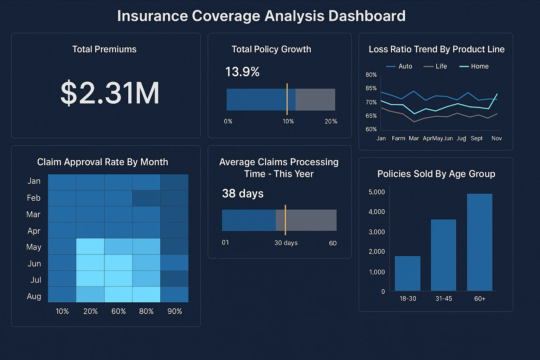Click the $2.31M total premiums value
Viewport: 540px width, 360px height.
point(110,93)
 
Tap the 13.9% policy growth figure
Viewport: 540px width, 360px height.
point(242,72)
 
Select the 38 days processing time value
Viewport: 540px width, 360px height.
point(243,193)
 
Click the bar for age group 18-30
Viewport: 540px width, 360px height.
point(407,273)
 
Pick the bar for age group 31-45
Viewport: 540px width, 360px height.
point(443,255)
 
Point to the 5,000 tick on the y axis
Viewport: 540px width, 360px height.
point(377,192)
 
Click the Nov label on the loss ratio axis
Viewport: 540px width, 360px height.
point(496,138)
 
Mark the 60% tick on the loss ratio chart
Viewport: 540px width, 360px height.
point(371,129)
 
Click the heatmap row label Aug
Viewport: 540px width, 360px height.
point(34,296)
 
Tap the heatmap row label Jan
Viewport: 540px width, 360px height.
point(34,181)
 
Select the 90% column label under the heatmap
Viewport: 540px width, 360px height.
point(174,311)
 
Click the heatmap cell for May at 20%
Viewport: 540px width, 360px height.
point(90,246)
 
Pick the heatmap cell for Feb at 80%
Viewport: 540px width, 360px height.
point(146,198)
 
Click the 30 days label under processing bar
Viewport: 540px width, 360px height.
point(286,243)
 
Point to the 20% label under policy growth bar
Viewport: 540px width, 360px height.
point(331,121)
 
